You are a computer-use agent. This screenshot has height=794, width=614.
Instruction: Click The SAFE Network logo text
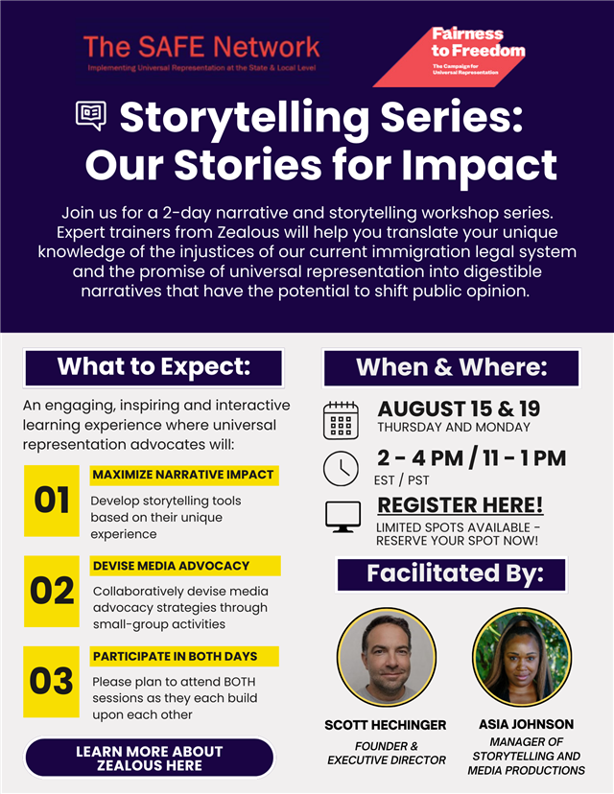[x=201, y=47]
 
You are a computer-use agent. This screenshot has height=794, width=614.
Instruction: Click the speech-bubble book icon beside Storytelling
[x=91, y=115]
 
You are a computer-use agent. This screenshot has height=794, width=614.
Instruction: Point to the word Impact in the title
[x=480, y=165]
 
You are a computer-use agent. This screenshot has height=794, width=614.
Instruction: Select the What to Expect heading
[x=153, y=367]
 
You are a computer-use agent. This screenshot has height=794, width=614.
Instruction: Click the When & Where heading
[x=451, y=367]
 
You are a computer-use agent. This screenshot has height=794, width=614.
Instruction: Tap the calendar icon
[x=341, y=420]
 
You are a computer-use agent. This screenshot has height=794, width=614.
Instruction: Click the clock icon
[x=341, y=468]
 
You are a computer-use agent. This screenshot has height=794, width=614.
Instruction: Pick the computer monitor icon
[x=342, y=517]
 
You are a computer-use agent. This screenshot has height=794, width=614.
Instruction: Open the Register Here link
[x=460, y=504]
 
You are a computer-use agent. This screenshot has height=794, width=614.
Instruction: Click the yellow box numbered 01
[x=51, y=501]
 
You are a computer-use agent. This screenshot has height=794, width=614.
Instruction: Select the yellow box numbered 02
[x=51, y=591]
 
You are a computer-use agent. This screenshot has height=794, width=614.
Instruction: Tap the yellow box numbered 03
[x=51, y=682]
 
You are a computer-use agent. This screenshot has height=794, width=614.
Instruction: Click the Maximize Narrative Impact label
[x=184, y=475]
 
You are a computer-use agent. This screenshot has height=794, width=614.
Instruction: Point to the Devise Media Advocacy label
[x=185, y=566]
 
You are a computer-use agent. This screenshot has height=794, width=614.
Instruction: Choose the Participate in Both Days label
[x=184, y=656]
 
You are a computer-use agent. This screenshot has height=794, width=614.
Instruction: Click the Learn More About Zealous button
[x=150, y=759]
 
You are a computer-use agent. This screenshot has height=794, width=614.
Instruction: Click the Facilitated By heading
[x=451, y=574]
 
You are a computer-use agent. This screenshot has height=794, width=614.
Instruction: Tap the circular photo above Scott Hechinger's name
[x=387, y=657]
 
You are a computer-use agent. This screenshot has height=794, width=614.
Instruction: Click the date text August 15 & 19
[x=459, y=409]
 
